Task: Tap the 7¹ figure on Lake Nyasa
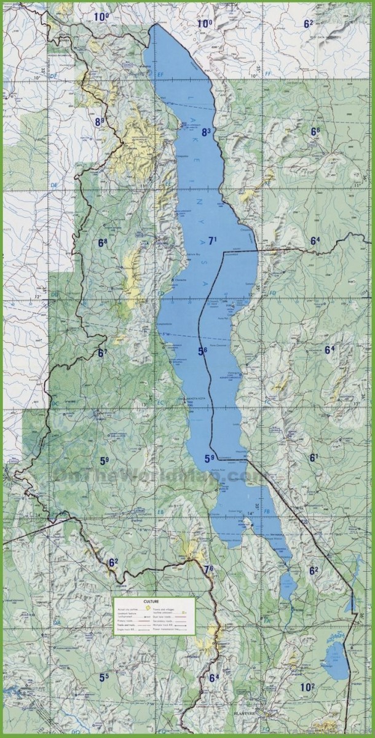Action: tap(213, 241)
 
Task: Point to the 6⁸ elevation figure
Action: tap(102, 243)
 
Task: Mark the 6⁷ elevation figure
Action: tap(102, 353)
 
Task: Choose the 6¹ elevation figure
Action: tap(314, 458)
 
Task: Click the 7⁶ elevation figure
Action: tap(208, 569)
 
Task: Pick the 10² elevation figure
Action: tap(307, 687)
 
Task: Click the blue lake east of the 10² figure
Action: tap(336, 661)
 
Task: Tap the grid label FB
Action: tap(267, 512)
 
